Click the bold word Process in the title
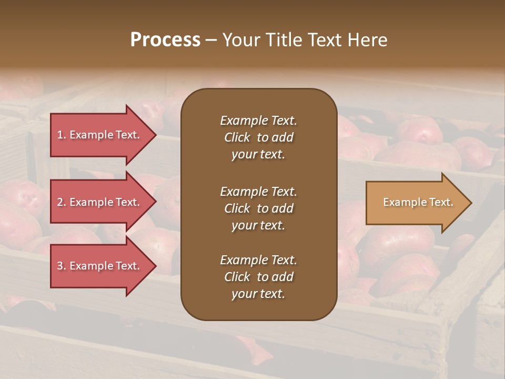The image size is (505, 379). pos(165,40)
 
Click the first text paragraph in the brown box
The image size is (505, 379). pos(258,137)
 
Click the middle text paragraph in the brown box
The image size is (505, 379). pos(258,208)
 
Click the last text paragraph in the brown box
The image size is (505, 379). pos(258,277)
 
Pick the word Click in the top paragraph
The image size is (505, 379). pos(237,137)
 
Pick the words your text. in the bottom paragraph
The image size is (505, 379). pos(258,294)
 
